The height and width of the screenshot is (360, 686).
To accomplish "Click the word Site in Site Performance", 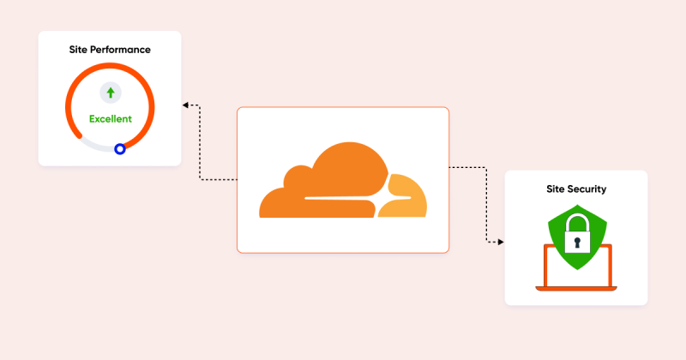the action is (x=78, y=50).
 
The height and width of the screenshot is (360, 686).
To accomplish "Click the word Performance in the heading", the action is (x=120, y=50).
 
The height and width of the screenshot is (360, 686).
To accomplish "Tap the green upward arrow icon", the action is (x=111, y=93).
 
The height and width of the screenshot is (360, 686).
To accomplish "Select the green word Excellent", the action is (x=111, y=119).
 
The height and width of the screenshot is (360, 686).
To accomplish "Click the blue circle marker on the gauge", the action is (x=120, y=149).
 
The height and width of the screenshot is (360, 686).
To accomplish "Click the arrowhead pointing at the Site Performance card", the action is (x=185, y=105).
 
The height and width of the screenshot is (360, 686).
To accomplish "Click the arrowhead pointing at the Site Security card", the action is (x=501, y=242).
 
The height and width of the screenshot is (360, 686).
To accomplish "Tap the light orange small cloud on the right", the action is (x=406, y=197).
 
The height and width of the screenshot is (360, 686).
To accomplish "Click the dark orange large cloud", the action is (x=324, y=183).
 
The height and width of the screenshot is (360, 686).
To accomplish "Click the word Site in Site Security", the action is (x=554, y=189).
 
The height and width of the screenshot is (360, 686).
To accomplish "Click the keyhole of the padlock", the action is (x=577, y=243).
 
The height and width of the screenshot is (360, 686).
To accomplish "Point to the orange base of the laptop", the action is (x=576, y=289).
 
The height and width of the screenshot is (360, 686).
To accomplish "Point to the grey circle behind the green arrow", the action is (x=111, y=93).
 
